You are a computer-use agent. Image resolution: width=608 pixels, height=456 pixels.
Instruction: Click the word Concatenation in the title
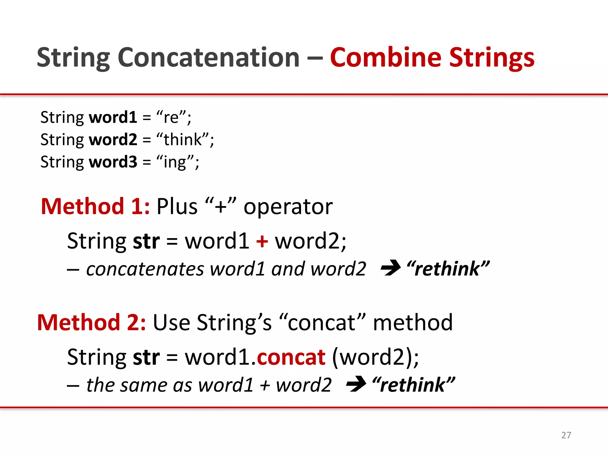click(x=208, y=58)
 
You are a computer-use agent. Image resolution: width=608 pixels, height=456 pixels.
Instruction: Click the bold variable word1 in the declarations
click(x=113, y=117)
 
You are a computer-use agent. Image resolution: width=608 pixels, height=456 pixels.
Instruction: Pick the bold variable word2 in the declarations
click(x=113, y=140)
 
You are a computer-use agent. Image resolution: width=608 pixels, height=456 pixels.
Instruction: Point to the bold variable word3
click(x=113, y=162)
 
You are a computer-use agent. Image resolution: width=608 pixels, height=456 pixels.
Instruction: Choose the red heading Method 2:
click(x=91, y=322)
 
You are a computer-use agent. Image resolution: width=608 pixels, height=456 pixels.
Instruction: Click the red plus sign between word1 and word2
click(x=262, y=241)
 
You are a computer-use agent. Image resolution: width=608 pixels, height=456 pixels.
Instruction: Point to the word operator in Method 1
click(x=288, y=207)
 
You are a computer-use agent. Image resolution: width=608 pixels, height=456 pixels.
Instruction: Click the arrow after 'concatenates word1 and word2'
click(x=391, y=268)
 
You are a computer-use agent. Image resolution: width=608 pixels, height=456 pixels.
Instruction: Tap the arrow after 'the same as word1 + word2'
click(x=356, y=384)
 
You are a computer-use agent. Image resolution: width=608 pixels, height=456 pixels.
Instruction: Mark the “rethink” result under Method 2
click(x=414, y=385)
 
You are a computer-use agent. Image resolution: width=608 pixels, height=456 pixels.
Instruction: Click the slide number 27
click(x=566, y=435)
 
